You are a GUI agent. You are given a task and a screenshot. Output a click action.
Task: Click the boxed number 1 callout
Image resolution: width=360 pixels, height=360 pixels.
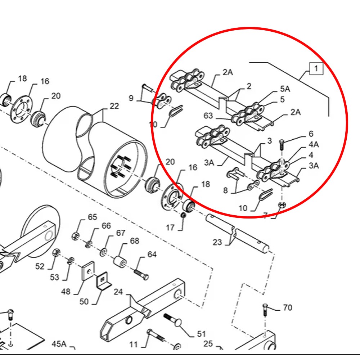tap(316, 68)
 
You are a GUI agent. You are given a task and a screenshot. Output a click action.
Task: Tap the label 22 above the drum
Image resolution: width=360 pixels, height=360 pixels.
tap(114, 106)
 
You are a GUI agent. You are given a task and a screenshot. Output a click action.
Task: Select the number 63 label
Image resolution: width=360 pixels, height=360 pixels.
tap(208, 116)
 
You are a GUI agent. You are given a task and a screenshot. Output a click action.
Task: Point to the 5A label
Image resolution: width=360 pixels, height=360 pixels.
tap(285, 89)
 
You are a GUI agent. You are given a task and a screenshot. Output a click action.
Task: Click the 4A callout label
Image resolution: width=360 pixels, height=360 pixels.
tap(314, 145)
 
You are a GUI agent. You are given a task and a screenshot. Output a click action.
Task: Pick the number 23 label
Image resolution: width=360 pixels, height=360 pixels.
tap(217, 242)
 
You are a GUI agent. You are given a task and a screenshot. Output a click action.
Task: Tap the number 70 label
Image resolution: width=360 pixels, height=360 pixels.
tap(288, 307)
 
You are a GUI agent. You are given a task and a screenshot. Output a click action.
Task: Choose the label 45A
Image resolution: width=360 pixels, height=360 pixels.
tap(59, 344)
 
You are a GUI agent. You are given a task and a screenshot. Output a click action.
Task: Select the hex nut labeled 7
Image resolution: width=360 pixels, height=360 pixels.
tap(282, 205)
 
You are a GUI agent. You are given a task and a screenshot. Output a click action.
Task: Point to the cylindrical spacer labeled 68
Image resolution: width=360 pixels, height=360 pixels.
tap(120, 262)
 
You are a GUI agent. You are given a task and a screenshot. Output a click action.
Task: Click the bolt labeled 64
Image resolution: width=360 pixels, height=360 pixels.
tap(141, 274)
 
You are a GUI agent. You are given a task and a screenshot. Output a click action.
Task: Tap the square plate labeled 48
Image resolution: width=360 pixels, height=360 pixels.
tap(88, 271)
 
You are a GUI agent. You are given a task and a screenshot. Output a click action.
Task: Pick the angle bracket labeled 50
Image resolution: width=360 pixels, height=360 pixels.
tap(103, 280)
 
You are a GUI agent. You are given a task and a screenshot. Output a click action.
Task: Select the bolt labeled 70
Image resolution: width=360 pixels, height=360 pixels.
tap(265, 310)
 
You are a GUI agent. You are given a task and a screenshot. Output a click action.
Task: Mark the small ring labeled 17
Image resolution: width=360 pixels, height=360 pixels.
tap(183, 215)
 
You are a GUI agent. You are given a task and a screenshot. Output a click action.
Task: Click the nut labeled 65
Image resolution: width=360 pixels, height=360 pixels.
tap(76, 236)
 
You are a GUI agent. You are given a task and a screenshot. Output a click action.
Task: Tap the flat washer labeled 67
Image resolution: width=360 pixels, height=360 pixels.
tap(103, 253)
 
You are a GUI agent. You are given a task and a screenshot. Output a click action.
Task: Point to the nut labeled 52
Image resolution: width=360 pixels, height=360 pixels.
tap(56, 253)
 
